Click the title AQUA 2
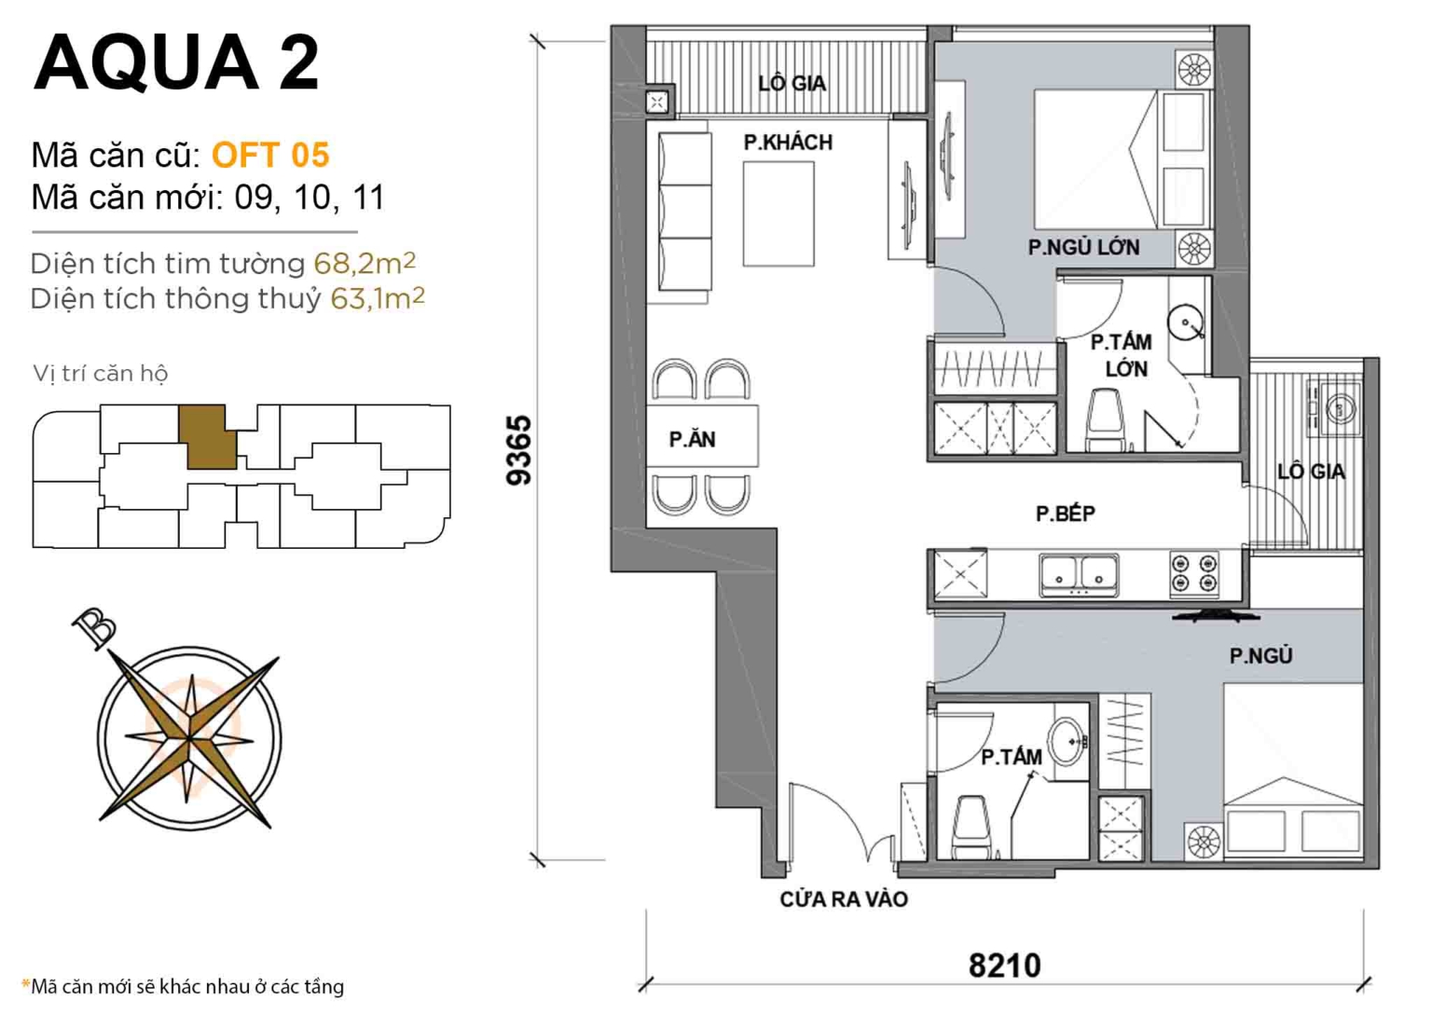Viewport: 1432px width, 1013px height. click(x=176, y=62)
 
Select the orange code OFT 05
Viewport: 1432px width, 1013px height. click(x=270, y=155)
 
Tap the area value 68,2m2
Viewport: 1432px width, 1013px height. click(x=365, y=263)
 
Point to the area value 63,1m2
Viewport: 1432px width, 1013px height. click(x=378, y=298)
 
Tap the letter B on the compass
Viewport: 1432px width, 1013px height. click(x=95, y=627)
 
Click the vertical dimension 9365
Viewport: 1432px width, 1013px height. click(x=518, y=450)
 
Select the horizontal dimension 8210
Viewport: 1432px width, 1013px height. click(x=1004, y=965)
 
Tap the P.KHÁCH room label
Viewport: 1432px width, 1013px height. click(x=788, y=143)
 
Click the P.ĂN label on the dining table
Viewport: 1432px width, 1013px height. click(x=692, y=440)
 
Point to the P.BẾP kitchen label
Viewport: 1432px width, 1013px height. click(x=1065, y=513)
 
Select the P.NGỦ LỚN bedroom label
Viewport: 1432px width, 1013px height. click(x=1083, y=248)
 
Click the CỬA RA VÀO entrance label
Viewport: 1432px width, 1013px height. click(x=844, y=899)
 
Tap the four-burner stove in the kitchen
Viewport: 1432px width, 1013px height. click(x=1194, y=573)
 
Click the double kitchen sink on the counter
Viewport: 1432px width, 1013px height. click(x=1079, y=574)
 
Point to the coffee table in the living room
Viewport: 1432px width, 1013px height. click(x=778, y=213)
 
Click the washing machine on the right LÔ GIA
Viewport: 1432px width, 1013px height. click(x=1339, y=408)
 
